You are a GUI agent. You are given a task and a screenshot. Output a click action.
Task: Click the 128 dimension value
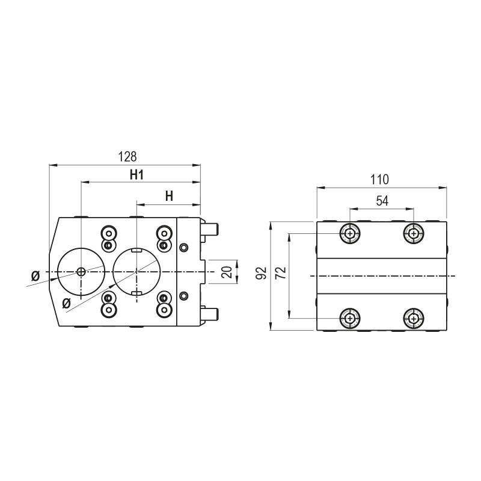(x=127, y=156)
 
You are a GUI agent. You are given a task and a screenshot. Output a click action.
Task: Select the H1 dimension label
(x=137, y=175)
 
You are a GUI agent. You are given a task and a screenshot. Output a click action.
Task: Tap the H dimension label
(x=169, y=196)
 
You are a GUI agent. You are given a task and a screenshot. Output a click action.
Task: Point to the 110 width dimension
(x=380, y=179)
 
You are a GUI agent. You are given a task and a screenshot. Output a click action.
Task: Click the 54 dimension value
(x=382, y=201)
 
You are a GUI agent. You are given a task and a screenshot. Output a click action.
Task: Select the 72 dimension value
(x=280, y=275)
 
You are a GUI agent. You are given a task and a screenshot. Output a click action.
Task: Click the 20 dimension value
(x=227, y=272)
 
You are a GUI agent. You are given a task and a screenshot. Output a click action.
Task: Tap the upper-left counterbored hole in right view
(x=349, y=233)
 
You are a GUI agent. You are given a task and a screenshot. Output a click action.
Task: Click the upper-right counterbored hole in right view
(x=413, y=233)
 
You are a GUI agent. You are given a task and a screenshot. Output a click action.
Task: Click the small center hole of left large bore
(x=81, y=272)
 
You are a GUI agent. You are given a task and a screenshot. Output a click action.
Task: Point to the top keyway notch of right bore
(x=136, y=250)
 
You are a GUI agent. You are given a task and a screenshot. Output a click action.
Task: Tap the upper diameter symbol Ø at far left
(x=35, y=275)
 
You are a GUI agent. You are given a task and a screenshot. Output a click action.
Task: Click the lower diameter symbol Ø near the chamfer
(x=66, y=302)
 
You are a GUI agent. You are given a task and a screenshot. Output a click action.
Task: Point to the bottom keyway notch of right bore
(x=136, y=293)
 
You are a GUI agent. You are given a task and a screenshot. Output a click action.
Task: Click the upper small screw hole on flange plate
(x=184, y=248)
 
